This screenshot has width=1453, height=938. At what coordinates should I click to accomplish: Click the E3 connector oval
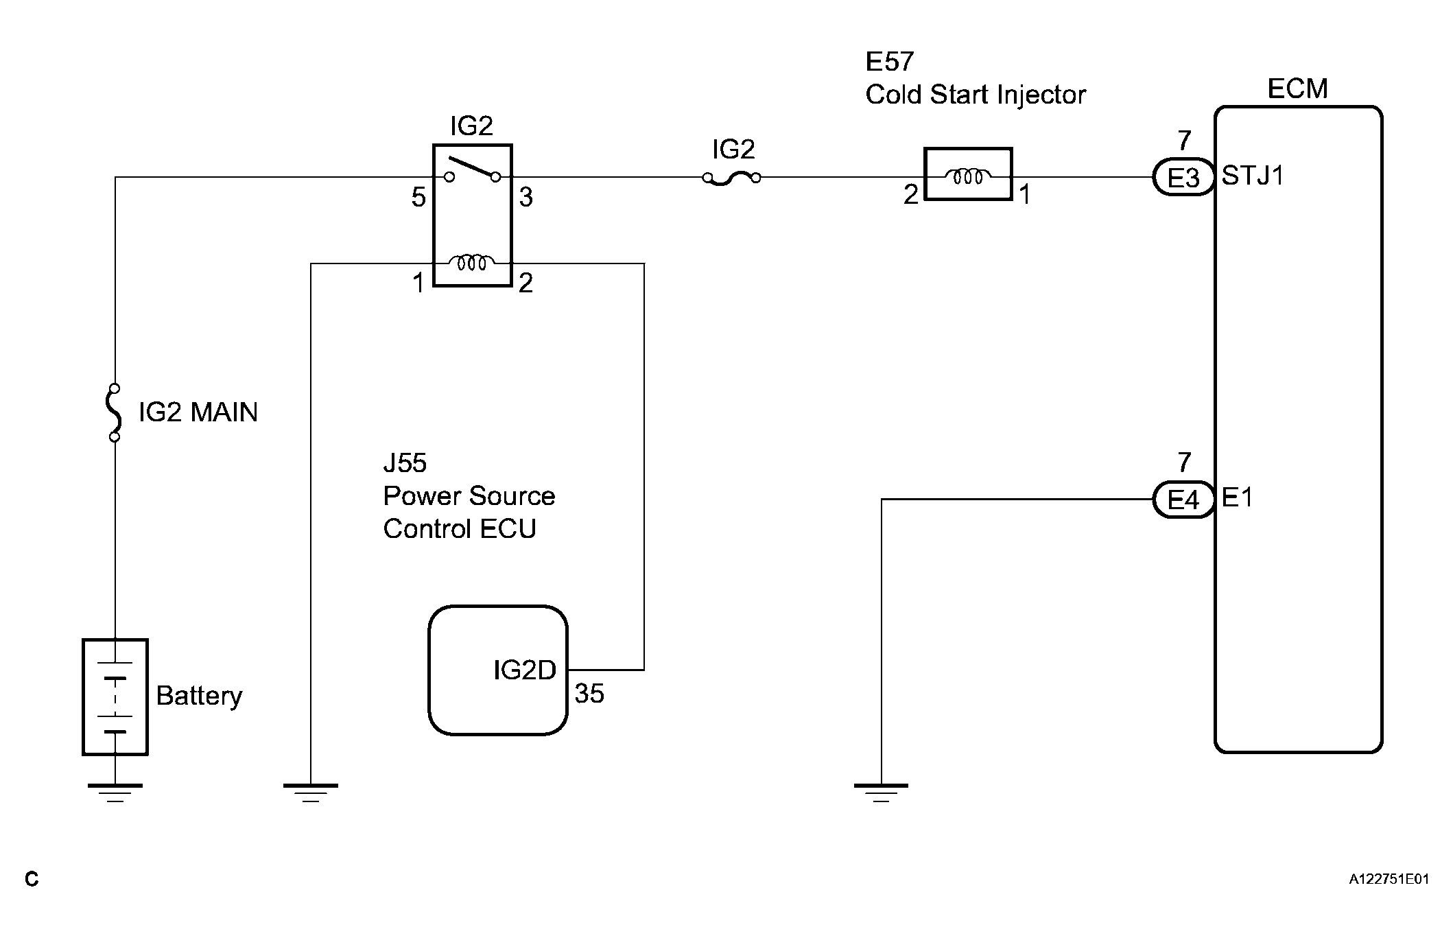pos(1183,178)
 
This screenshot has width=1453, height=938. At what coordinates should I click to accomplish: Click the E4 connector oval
pos(1183,500)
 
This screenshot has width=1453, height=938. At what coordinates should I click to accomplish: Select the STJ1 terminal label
pos(1253,176)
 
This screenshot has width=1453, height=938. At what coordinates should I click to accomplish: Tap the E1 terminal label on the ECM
pos(1238,497)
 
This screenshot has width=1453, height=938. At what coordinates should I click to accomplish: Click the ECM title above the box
pos(1297,89)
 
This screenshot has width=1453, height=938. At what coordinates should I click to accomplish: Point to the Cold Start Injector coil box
pos(968,174)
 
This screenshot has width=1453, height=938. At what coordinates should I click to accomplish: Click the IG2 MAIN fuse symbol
pos(115,412)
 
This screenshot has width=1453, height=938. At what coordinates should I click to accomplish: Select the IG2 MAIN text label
pos(198,412)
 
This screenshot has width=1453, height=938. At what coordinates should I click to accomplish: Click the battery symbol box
pos(115,697)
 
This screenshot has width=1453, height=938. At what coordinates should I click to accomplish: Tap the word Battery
pos(199,696)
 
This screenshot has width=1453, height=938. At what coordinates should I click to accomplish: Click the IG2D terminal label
pos(525,670)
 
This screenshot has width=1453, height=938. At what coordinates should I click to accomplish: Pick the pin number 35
pos(589,694)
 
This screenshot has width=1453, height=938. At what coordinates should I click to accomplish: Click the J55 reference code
pos(405,463)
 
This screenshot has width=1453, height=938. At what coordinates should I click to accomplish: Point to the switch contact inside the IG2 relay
pos(472,170)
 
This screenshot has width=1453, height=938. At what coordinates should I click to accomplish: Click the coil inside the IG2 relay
pos(472,262)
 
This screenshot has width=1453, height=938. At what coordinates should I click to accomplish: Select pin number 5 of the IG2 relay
pos(418,198)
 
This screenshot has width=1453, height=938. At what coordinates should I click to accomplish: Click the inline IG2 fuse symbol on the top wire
pos(731,178)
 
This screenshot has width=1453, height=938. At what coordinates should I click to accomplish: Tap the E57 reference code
pos(890,62)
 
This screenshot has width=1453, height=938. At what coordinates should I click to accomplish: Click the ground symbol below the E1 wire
pos(881,793)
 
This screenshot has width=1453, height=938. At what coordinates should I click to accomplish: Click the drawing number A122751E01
pos(1389,879)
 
